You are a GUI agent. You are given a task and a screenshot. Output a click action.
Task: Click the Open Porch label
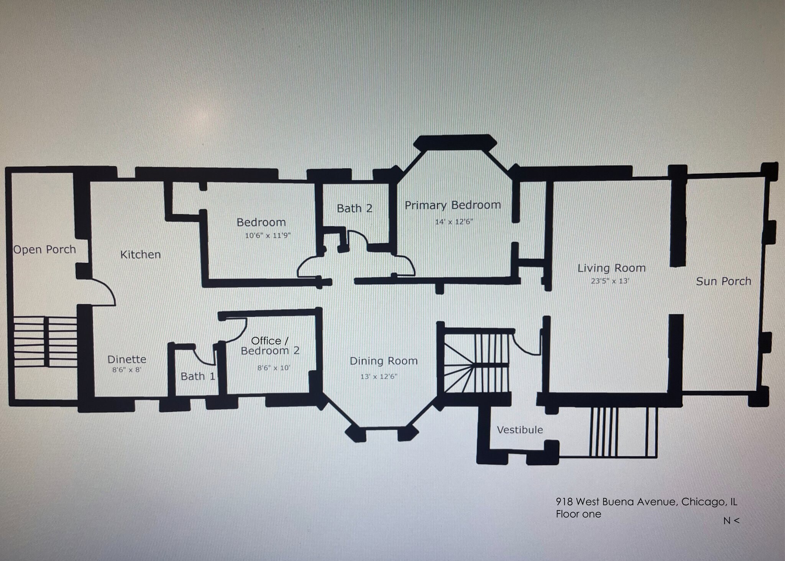pos(44,250)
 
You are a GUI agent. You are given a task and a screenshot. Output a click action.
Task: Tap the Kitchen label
pos(140,255)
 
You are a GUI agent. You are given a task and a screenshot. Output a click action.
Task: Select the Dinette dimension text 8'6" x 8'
pos(127,370)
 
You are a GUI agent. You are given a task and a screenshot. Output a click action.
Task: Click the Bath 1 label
pos(198,376)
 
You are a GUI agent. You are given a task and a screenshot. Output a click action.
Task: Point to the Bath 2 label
pos(355,208)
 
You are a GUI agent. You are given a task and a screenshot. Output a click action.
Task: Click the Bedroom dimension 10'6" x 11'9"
pos(268,235)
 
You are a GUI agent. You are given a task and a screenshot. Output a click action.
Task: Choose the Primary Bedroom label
pos(453,205)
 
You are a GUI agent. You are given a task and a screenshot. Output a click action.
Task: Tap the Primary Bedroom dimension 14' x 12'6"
pos(454,222)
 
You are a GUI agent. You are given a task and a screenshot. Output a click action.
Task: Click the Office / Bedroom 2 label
pos(270,346)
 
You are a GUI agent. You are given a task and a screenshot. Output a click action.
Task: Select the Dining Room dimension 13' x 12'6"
pos(379,377)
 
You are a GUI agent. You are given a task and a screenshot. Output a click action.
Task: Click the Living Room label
pos(611,268)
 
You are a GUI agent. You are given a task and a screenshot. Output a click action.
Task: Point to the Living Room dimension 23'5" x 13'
pos(610,281)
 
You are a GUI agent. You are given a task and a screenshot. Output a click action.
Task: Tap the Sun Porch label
pos(723,281)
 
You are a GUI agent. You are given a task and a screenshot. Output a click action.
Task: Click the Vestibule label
pos(520,429)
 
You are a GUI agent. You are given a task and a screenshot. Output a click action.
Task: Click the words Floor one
pos(578,514)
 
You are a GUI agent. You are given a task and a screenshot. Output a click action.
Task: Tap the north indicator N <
pos(731,521)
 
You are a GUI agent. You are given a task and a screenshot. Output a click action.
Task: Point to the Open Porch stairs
pos(45,342)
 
